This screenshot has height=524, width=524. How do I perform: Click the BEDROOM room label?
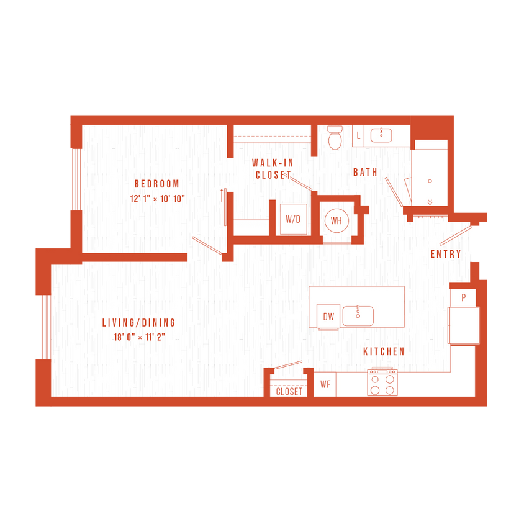(x=156, y=184)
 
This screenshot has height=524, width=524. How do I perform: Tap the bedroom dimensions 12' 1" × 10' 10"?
(x=158, y=199)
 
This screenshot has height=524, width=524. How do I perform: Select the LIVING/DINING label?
(x=139, y=323)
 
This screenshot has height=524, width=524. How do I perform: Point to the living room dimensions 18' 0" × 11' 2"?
(x=138, y=337)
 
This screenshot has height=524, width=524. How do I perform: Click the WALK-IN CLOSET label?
(x=273, y=169)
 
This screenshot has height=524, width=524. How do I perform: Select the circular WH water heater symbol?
(x=336, y=221)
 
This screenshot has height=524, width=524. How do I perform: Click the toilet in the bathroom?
(x=335, y=137)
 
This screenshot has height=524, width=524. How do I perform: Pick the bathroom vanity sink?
(x=381, y=135)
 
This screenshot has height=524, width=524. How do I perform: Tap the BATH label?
(x=365, y=173)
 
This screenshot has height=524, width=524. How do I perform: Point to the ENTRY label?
(x=446, y=254)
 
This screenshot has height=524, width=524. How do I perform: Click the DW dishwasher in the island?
(x=328, y=317)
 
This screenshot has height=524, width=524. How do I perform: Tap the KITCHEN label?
(x=384, y=351)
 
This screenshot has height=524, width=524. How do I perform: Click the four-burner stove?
(x=382, y=383)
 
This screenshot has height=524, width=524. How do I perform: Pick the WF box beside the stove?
(x=325, y=384)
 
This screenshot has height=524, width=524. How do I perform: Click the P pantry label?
(x=463, y=298)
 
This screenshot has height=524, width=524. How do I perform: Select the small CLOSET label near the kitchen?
(x=289, y=392)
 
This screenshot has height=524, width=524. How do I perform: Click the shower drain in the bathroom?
(x=429, y=181)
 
